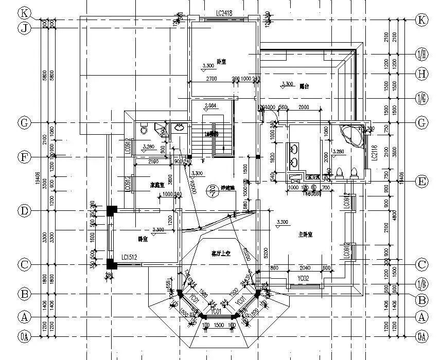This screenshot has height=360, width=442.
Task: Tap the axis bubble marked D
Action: point(24,210)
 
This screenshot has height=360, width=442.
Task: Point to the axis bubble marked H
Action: point(421,74)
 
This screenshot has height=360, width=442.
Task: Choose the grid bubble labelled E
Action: point(421,181)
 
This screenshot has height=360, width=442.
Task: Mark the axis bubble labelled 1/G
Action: point(421,98)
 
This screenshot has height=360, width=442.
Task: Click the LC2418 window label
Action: point(221,13)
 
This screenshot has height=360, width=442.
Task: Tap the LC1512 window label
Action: point(131,257)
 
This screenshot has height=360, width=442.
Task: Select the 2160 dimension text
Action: point(152,162)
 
